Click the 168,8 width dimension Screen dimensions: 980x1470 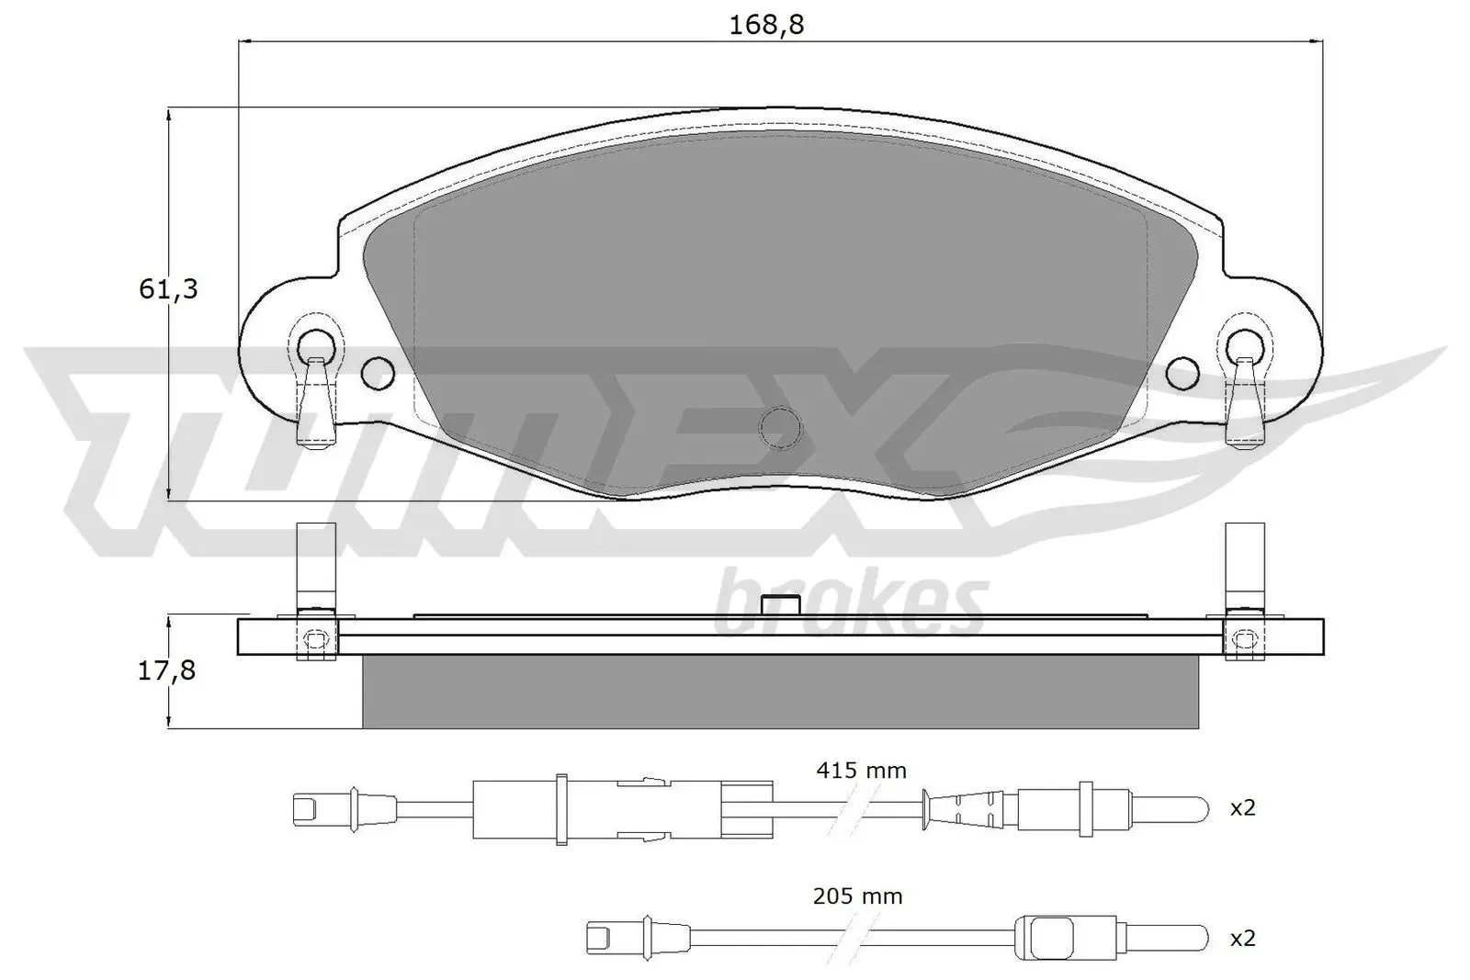point(766,25)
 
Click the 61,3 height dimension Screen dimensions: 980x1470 point(168,289)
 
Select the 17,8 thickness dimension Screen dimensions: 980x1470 point(166,670)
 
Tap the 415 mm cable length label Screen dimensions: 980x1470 point(861,771)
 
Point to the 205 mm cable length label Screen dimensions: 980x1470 point(857,896)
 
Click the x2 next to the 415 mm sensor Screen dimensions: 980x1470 point(1242,808)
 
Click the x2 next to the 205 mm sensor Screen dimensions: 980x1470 point(1242,938)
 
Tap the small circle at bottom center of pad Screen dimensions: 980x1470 point(780,427)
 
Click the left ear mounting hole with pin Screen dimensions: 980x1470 point(315,346)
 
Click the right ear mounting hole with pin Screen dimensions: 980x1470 point(1245,346)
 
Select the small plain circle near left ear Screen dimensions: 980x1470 point(378,372)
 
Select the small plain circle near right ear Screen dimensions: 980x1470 point(1183,372)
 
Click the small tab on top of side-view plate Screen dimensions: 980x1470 point(781,605)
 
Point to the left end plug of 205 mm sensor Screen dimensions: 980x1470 point(599,938)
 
